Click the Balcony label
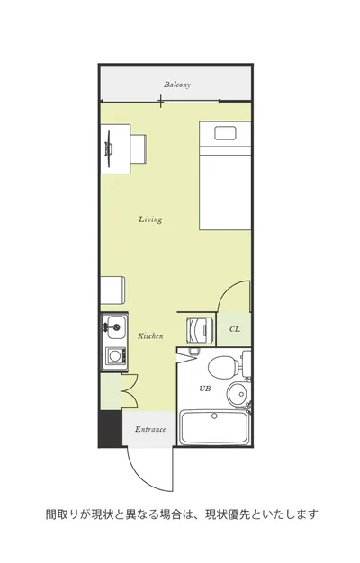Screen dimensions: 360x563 tap(177, 85)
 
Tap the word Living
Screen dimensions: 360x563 tap(150, 219)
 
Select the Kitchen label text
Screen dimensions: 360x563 tap(150, 336)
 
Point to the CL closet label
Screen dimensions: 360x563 tap(235, 329)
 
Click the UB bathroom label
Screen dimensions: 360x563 tap(205, 389)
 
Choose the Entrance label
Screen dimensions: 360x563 tap(150, 429)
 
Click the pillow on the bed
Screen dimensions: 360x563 tap(225, 133)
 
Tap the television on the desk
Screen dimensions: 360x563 tap(109, 148)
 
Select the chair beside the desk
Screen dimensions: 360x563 tap(139, 148)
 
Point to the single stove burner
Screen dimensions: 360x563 tap(115, 356)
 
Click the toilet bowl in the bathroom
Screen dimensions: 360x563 tap(222, 366)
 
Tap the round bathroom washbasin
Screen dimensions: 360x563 tap(238, 393)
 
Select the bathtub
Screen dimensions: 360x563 tap(214, 428)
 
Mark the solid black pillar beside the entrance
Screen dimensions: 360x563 tap(111, 429)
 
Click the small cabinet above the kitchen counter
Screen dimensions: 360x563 tap(112, 290)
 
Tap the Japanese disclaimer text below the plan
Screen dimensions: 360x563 tap(182, 514)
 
